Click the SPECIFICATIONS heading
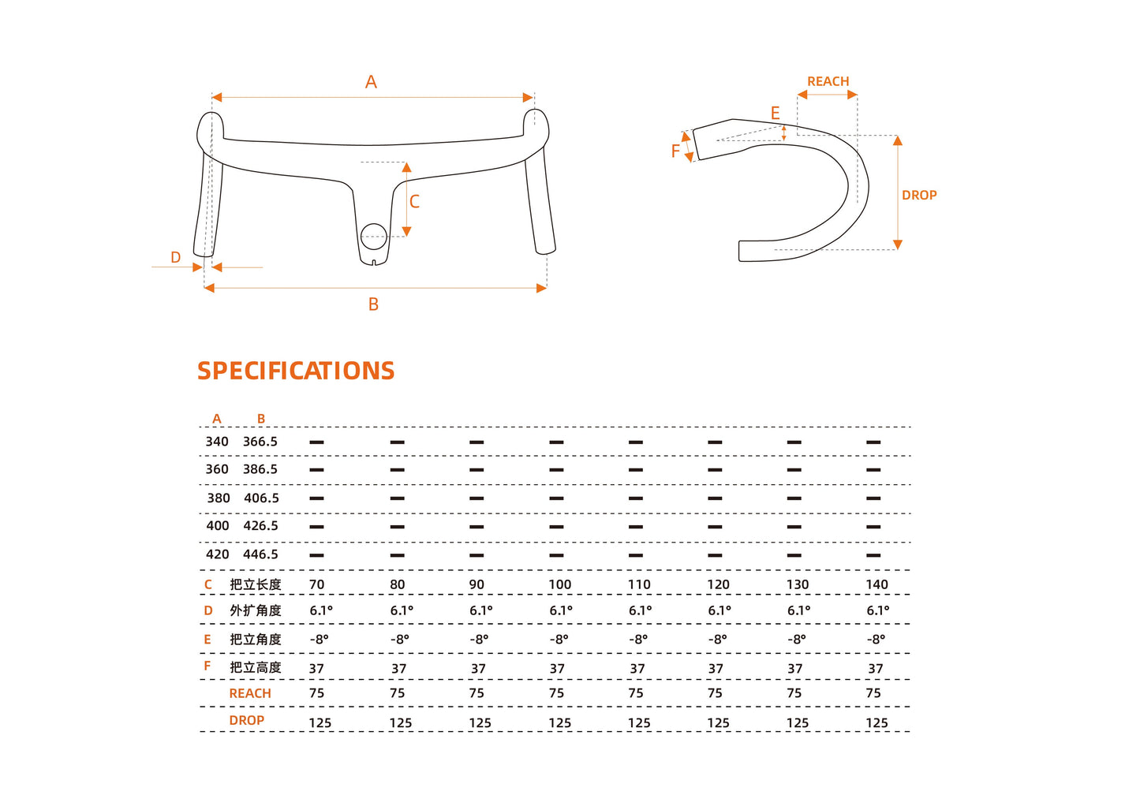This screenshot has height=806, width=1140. [296, 371]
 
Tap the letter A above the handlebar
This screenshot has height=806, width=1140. [371, 82]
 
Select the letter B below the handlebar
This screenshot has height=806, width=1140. [373, 304]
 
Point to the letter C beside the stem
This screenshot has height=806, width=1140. [414, 202]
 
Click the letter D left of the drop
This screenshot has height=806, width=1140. [175, 257]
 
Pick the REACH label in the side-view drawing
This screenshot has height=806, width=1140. [828, 81]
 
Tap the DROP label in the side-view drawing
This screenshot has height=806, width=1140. [919, 195]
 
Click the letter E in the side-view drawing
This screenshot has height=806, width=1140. [775, 114]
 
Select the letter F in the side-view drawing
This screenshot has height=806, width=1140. [675, 151]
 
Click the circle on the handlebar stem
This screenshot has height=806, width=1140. [374, 236]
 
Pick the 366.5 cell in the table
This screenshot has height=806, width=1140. [260, 442]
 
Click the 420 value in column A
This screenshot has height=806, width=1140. [218, 554]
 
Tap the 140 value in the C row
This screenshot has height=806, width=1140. [876, 584]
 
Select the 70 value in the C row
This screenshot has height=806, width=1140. [317, 584]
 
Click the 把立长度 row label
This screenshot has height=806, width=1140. [256, 584]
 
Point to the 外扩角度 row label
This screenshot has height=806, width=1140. [256, 610]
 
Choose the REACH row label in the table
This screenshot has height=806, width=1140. [250, 693]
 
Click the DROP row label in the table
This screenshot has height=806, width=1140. [247, 720]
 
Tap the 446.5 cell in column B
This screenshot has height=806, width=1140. [260, 554]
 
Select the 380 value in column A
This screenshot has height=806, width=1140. [219, 498]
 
